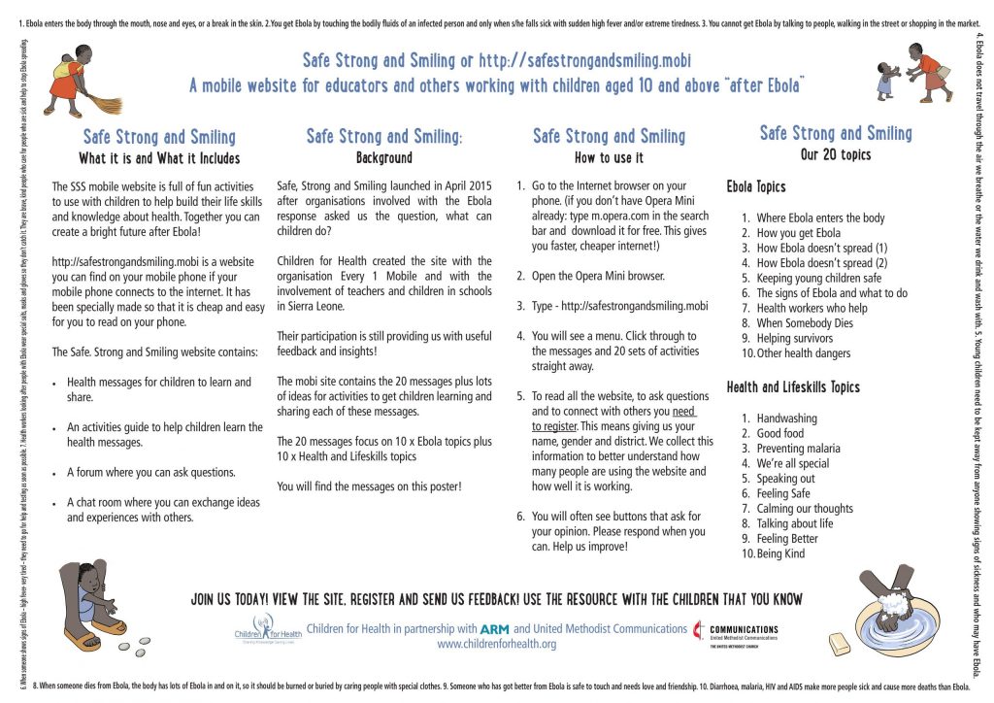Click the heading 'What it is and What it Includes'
159,158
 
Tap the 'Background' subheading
384,157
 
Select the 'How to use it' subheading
609,157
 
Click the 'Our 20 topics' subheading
836,154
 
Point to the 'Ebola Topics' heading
756,186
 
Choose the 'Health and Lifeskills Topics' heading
793,386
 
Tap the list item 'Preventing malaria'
799,449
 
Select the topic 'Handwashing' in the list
786,418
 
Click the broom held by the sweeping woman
101,101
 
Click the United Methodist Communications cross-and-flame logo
699,633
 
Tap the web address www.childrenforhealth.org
496,644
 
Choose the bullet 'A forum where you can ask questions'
150,472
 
